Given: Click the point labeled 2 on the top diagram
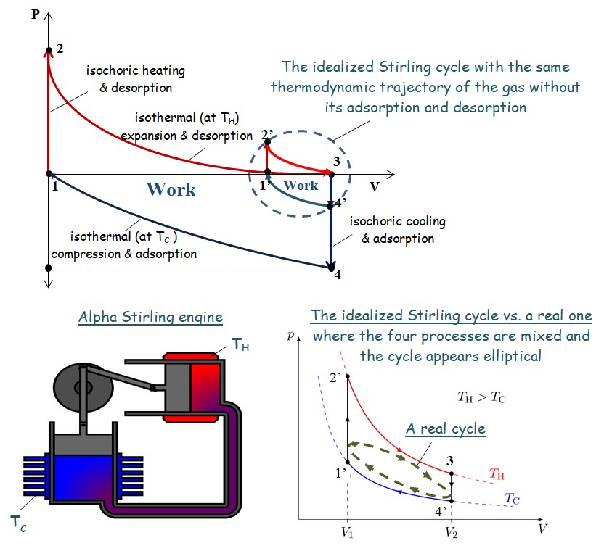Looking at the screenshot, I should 49,51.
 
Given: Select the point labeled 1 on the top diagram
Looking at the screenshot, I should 49,174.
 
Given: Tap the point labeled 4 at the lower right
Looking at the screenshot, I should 330,268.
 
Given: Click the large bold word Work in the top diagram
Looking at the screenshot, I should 171,190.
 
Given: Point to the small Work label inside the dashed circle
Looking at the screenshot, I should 301,186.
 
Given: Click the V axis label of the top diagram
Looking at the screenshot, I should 375,186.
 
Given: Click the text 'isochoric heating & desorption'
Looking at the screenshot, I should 136,79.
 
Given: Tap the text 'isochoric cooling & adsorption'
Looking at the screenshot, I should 398,230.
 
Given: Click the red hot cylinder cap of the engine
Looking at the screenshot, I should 191,357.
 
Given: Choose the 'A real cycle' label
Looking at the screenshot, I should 445,428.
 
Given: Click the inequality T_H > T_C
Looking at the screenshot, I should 481,397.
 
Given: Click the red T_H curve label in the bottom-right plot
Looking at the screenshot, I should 497,474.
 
